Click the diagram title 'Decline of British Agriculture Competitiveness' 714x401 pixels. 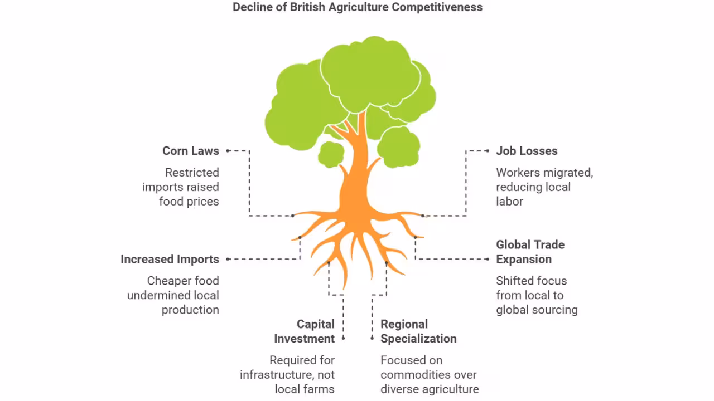click(357, 7)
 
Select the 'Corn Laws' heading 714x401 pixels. click(190, 151)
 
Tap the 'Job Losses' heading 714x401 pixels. click(527, 151)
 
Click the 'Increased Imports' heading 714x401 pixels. click(170, 259)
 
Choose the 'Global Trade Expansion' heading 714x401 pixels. click(530, 252)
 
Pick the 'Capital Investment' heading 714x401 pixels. click(304, 331)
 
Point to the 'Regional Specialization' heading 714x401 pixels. click(418, 331)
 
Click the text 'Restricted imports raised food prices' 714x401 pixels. click(181, 187)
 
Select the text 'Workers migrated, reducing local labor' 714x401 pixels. click(544, 187)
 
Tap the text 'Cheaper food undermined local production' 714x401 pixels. click(173, 295)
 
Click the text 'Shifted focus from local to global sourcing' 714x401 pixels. click(537, 295)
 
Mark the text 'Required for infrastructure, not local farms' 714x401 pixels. click(287, 375)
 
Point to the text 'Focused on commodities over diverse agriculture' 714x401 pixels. click(430, 375)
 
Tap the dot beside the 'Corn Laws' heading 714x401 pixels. click(228, 151)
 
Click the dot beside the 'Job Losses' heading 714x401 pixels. click(488, 151)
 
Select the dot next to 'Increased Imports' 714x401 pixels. click(228, 259)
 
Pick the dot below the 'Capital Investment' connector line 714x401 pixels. click(343, 338)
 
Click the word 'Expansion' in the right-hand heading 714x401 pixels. click(524, 259)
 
